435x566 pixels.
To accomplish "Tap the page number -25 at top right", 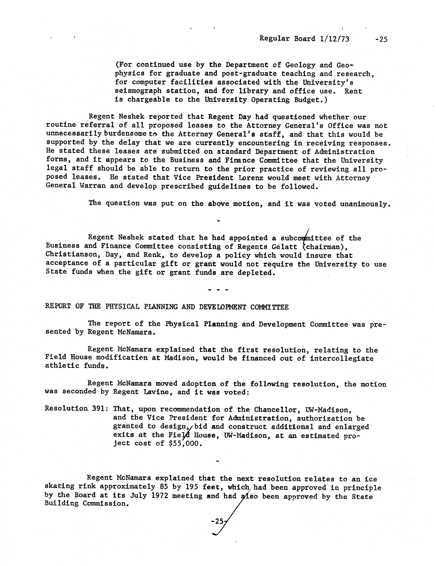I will (x=381, y=39).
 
